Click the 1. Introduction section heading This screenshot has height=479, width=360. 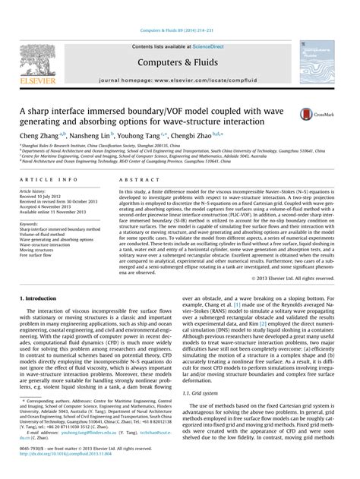[x=40, y=279]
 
